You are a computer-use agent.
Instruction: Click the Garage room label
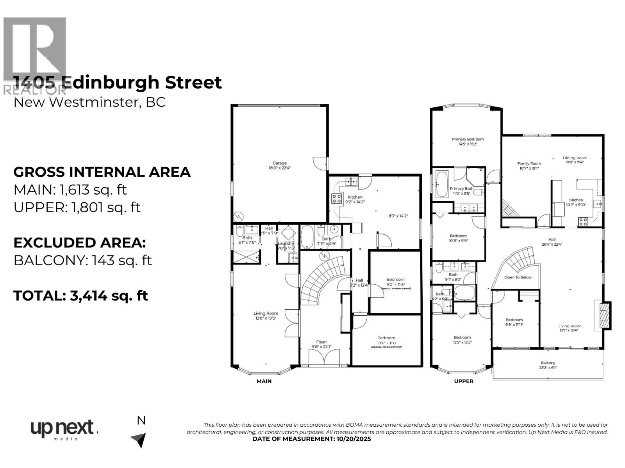tap(279, 163)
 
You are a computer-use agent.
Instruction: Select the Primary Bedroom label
tap(468, 139)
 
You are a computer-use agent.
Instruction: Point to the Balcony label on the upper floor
tap(548, 363)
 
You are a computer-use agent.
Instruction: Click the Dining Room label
tap(575, 158)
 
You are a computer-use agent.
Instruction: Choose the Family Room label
tap(529, 164)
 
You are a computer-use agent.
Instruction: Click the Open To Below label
tap(518, 277)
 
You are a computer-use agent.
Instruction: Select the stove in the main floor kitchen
tap(336, 199)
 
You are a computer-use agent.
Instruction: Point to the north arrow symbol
tap(139, 440)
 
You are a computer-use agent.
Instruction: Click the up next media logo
tap(62, 429)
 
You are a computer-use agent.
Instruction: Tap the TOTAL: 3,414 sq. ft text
tap(80, 295)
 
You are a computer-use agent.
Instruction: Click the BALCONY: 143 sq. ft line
tap(82, 260)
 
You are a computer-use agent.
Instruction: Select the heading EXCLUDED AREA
tap(80, 243)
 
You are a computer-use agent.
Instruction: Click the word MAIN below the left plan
tap(264, 381)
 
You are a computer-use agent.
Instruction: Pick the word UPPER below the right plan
tap(464, 381)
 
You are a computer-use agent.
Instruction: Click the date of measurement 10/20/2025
tap(311, 439)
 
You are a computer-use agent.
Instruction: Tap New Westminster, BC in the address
tap(89, 102)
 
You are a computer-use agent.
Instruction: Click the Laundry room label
tap(286, 244)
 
